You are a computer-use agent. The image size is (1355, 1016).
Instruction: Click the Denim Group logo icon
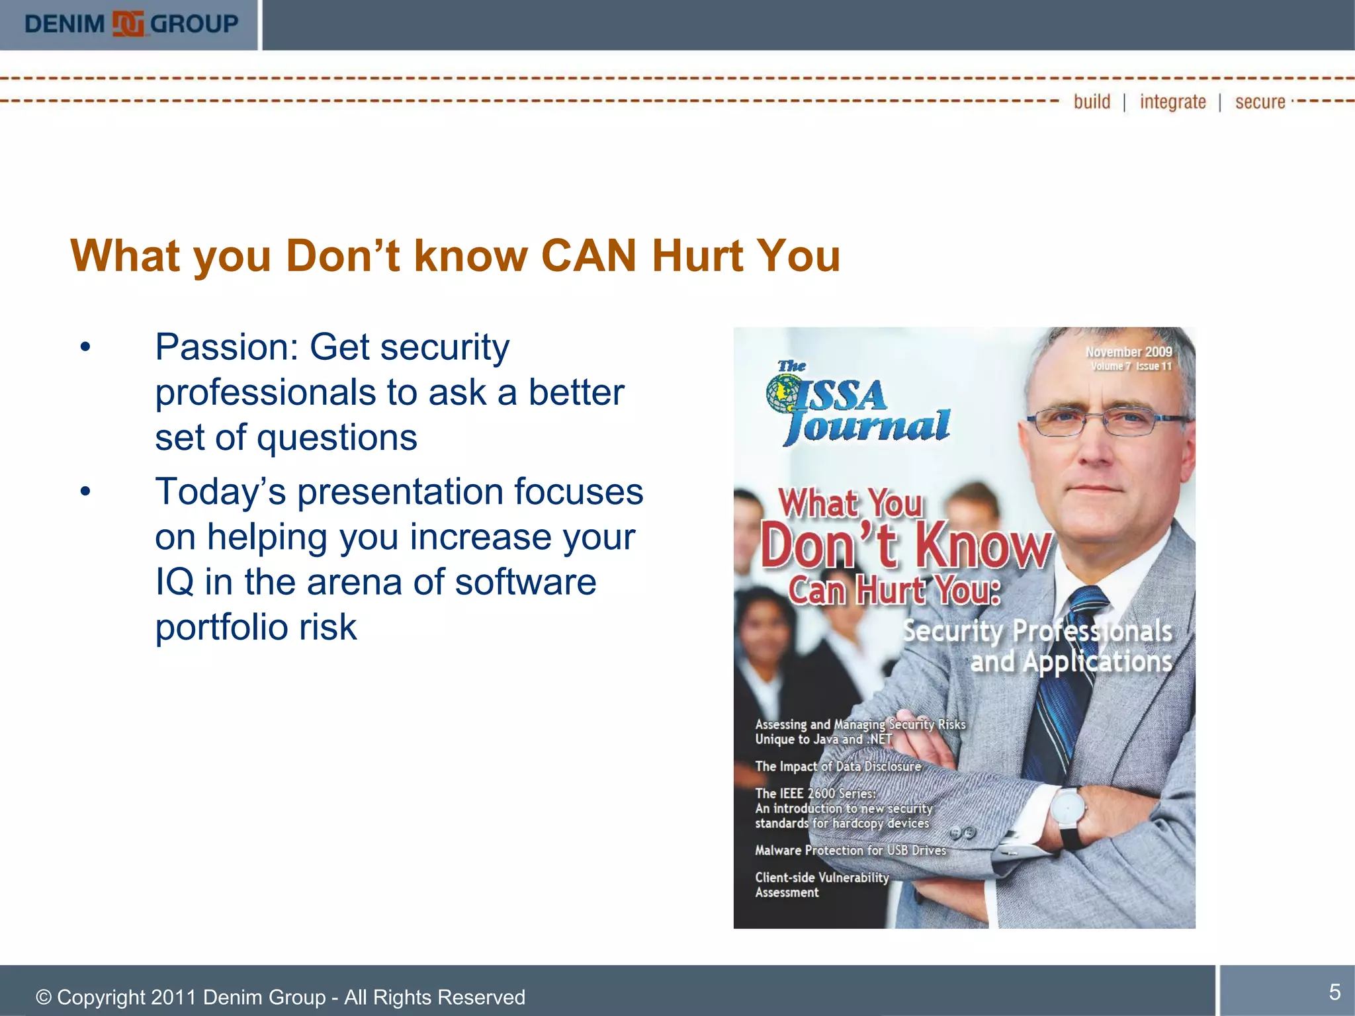(128, 24)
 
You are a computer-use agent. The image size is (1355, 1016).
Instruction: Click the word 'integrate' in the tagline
(1172, 102)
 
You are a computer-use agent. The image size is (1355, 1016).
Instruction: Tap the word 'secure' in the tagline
(1260, 102)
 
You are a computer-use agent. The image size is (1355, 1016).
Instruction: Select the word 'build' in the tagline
(1092, 102)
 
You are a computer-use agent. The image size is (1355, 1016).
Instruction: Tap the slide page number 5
(1334, 992)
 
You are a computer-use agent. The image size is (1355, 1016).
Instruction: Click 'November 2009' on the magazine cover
(1129, 352)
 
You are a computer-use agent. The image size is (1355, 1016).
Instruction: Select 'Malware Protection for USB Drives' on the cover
(850, 850)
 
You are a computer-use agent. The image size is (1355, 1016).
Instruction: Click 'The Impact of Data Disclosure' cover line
(838, 766)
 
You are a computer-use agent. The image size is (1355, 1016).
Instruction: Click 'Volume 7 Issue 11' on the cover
(1131, 366)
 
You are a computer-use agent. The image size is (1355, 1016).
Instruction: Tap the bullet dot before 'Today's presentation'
(85, 491)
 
